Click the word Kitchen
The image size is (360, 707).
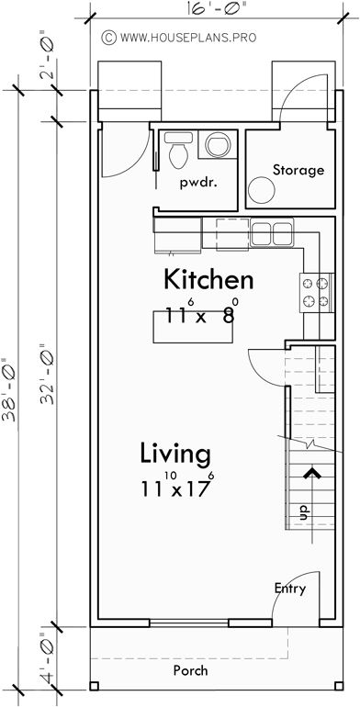pos(208,280)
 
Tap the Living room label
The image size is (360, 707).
pos(175,454)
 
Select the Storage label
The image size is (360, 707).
pos(298,170)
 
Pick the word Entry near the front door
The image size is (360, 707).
pos(289,589)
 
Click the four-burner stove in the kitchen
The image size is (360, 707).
pos(315,293)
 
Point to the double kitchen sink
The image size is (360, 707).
pos(270,232)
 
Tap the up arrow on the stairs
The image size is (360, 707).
pos(312,475)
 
